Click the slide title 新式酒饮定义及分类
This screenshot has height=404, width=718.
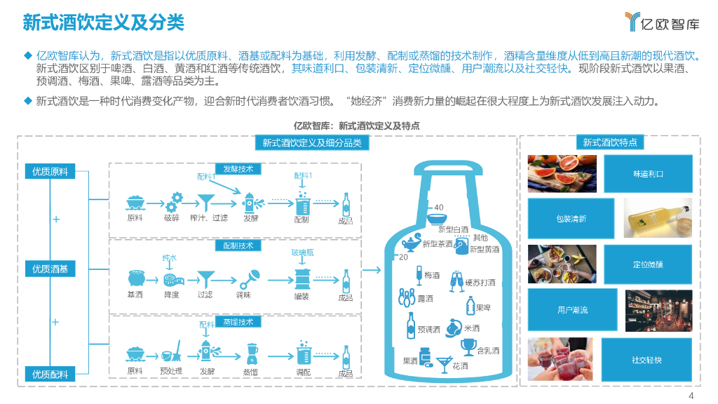103,22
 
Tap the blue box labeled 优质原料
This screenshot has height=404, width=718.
50,172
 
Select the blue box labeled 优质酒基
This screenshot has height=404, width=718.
50,269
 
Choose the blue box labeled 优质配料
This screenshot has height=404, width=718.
50,375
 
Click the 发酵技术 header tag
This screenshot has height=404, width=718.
238,169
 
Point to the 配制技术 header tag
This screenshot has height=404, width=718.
238,246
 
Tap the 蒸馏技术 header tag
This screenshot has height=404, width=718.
238,322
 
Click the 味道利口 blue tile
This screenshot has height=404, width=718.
648,173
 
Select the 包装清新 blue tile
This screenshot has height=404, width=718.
571,218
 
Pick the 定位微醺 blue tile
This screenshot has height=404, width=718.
648,264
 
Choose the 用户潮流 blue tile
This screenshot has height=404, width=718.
572,309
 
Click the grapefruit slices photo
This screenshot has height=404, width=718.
562,173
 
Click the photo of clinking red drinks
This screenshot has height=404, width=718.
562,360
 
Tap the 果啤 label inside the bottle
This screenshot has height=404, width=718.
483,308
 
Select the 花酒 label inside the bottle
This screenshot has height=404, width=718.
460,366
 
